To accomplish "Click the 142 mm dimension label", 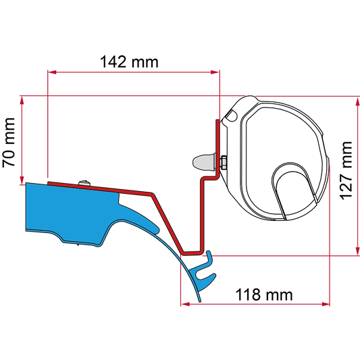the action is [x=129, y=62].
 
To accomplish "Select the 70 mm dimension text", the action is [x=9, y=143].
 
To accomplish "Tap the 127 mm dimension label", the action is [x=346, y=171].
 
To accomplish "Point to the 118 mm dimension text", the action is [x=264, y=294].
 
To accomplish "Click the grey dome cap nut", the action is [x=204, y=162].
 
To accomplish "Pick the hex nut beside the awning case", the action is [x=224, y=162].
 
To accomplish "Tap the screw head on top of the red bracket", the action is [x=84, y=183].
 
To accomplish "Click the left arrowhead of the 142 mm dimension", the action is [x=52, y=72].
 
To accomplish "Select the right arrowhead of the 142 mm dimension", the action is [x=215, y=72].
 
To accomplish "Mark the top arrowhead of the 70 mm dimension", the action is [x=22, y=101].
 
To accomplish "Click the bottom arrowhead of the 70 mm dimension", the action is [x=22, y=180].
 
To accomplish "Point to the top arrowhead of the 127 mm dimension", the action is [x=357, y=101].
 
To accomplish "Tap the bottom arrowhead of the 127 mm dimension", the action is [x=357, y=251].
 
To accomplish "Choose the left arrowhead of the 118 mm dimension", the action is [x=185, y=304].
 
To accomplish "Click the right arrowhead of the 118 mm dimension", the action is [x=326, y=304].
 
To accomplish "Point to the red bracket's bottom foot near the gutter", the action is [x=192, y=253].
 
